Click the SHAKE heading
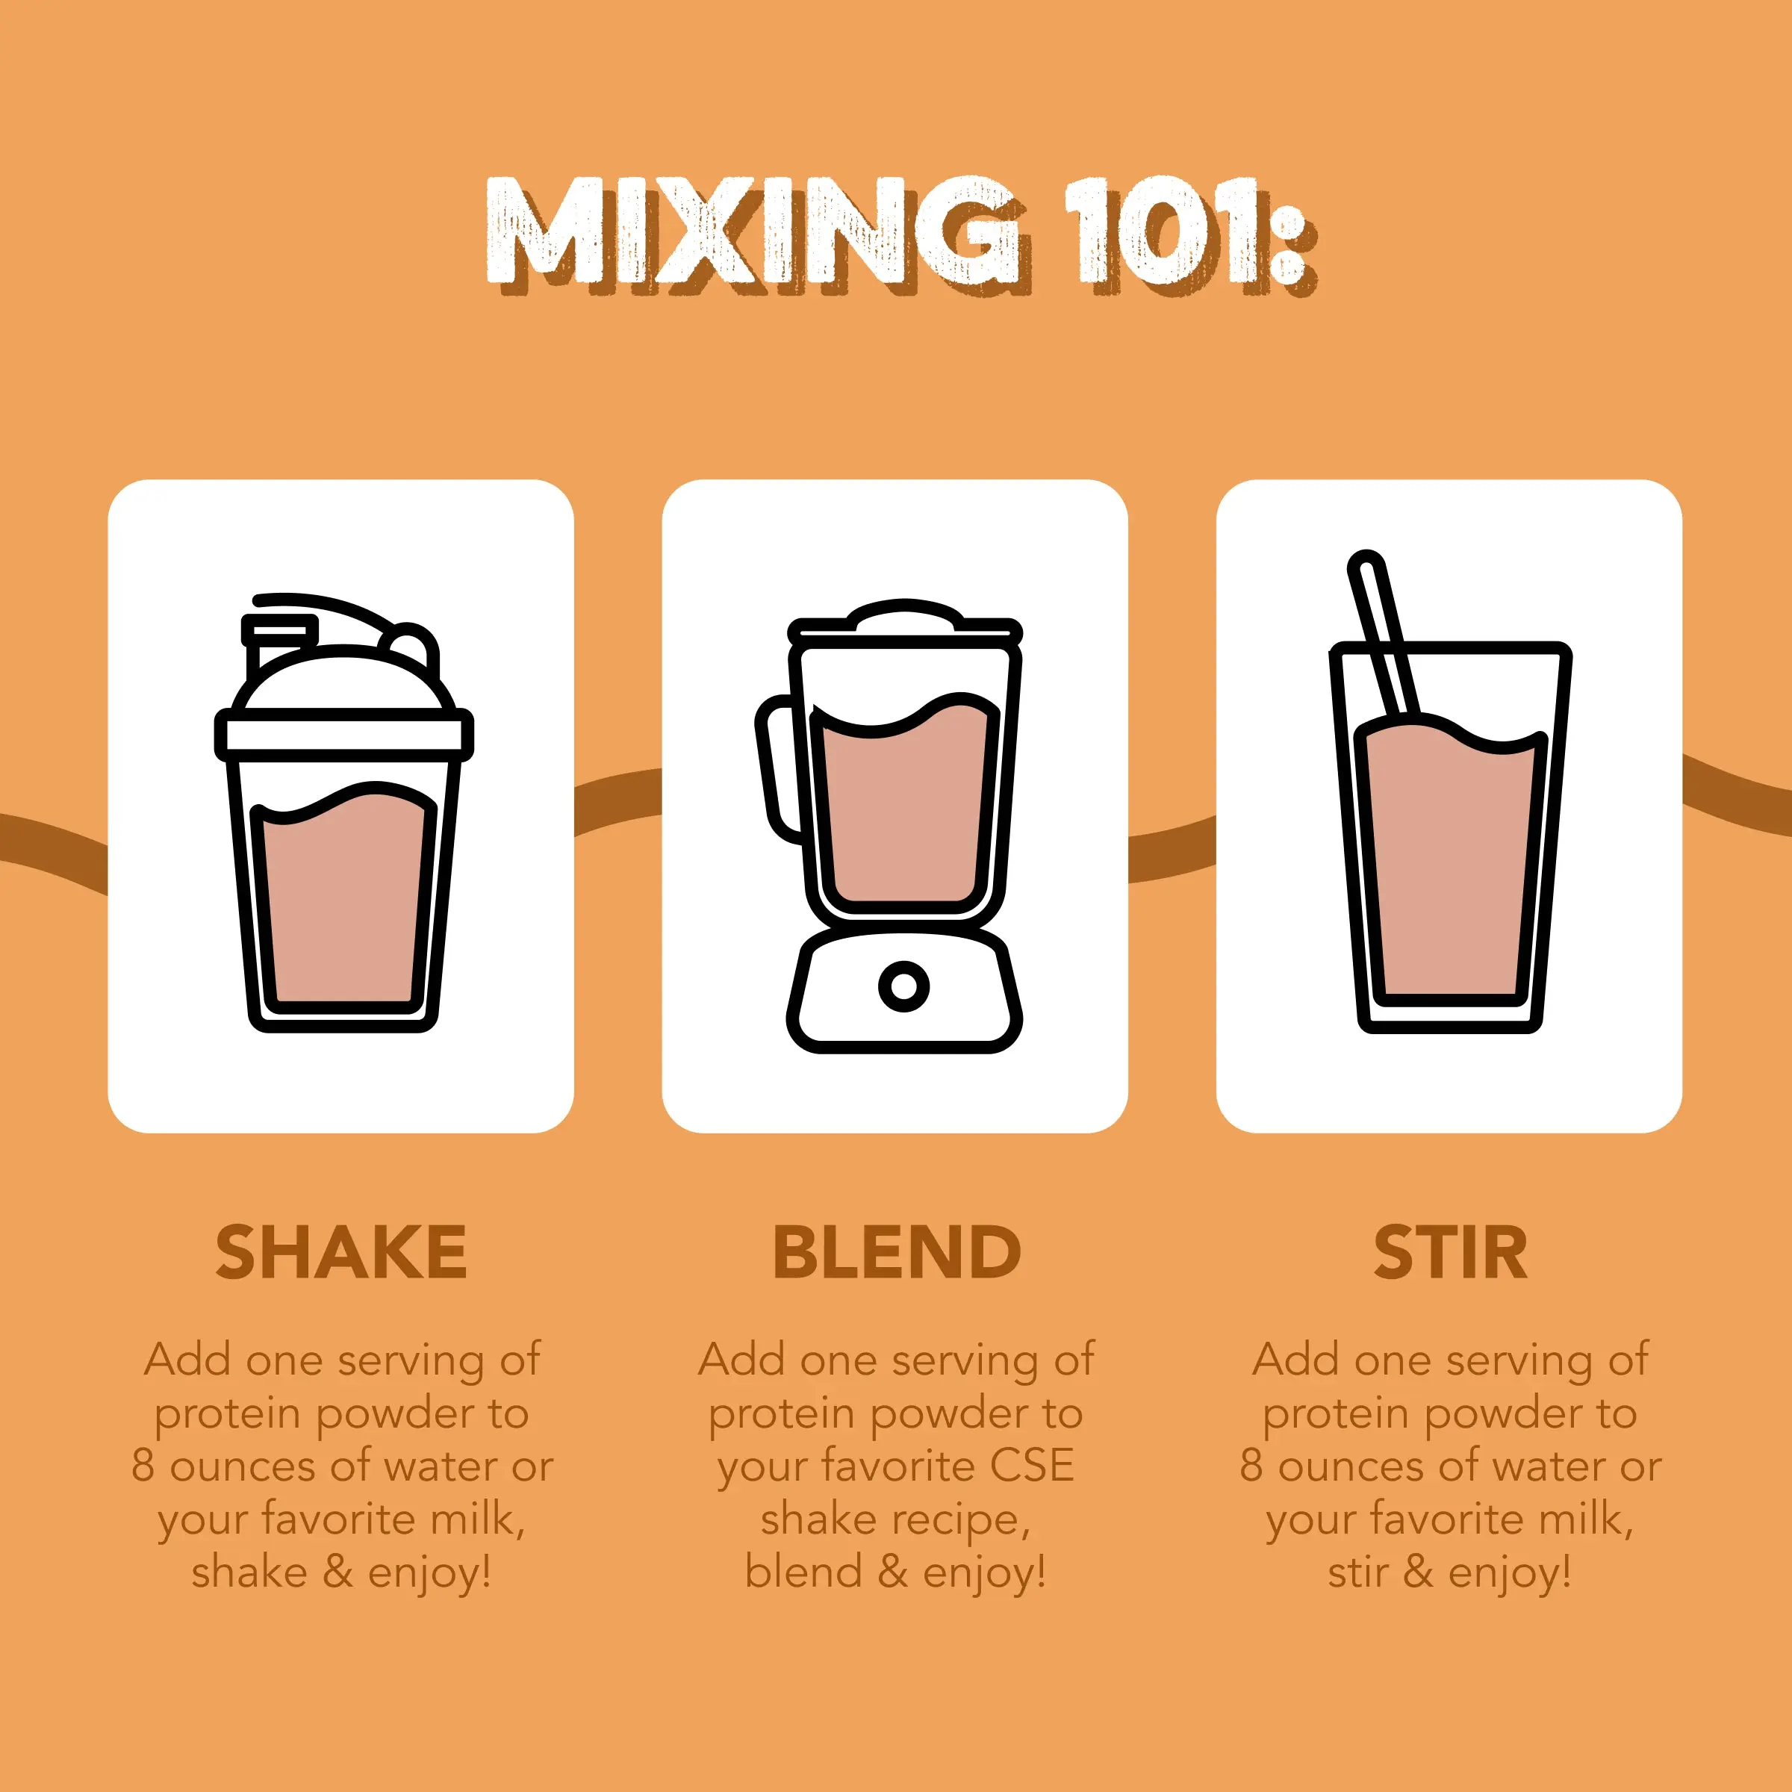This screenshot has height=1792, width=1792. click(340, 1252)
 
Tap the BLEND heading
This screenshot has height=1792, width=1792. click(896, 1252)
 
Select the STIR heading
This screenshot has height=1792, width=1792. click(1450, 1252)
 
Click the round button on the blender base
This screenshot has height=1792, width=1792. click(903, 985)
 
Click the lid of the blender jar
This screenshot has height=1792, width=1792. click(904, 621)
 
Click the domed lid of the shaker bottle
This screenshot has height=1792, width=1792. click(343, 682)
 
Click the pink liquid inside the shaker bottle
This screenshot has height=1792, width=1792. click(343, 900)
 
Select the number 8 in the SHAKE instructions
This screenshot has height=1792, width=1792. click(142, 1466)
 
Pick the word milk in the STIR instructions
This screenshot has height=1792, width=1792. click(1585, 1519)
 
